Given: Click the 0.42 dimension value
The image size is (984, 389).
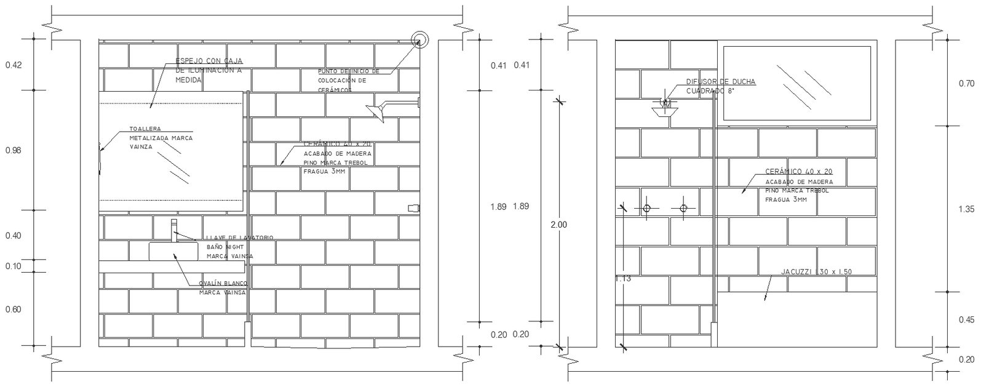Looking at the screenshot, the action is click(13, 65).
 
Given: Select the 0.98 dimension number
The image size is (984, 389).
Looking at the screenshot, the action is click(13, 150).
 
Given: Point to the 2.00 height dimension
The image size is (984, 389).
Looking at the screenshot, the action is click(558, 225).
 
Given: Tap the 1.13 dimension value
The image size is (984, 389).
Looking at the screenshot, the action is click(623, 278).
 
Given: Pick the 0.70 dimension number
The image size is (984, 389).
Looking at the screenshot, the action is click(966, 83).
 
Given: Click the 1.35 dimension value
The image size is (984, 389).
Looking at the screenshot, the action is click(966, 209).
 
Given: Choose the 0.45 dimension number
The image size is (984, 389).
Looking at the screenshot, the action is click(966, 319).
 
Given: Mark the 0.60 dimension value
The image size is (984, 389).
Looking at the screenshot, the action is click(13, 309).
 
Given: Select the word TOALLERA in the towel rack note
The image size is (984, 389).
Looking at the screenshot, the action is click(145, 129).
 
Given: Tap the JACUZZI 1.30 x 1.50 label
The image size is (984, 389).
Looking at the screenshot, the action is click(816, 271).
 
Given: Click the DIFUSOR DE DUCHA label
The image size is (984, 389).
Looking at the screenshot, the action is click(721, 82).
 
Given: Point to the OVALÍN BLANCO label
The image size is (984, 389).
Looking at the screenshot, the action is click(223, 284).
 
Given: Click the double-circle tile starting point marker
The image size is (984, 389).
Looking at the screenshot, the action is click(420, 40).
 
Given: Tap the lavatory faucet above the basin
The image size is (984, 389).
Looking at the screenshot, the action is click(174, 228).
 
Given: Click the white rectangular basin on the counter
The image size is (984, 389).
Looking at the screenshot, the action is click(173, 251).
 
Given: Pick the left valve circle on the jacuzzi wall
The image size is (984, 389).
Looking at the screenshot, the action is click(646, 208).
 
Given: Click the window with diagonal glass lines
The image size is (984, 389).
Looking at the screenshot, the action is click(796, 83).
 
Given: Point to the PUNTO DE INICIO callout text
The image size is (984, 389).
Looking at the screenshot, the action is click(349, 71).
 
